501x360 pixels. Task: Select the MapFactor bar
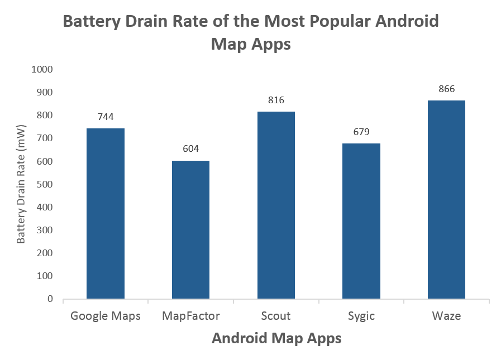pos(191,230)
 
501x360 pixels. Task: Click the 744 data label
pos(106,117)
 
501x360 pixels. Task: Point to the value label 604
pos(191,149)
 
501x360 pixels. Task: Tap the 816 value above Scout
pos(276,100)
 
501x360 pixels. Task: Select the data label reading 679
pos(361,132)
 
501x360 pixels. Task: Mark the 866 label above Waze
pos(446,89)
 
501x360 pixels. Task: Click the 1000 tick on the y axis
pos(42,69)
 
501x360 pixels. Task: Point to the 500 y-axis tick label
pos(45,184)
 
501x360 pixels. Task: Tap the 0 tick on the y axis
pos(50,299)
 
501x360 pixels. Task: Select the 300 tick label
pos(45,230)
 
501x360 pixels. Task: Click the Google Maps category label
pos(106,316)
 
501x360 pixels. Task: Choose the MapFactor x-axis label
pos(191,316)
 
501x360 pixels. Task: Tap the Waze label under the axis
pos(446,316)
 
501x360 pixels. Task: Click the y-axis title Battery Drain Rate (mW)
pos(21,184)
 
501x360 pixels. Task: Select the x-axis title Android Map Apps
pos(276,339)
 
